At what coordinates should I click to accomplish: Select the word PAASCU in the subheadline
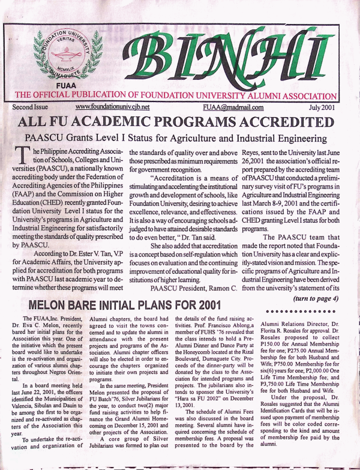(46, 141)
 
